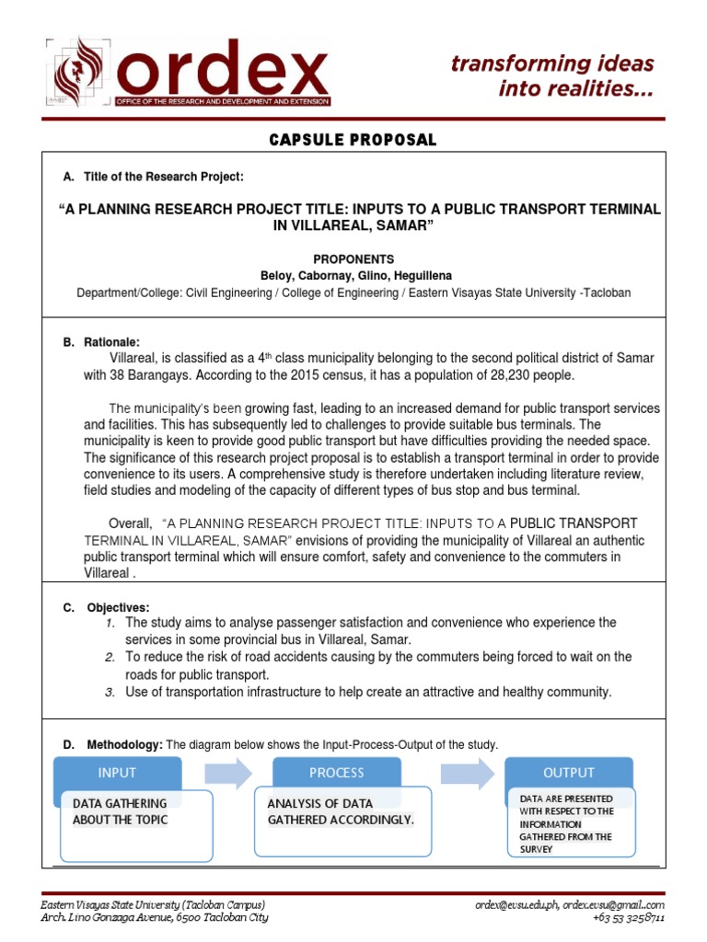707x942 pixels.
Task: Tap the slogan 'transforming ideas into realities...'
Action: pos(552,76)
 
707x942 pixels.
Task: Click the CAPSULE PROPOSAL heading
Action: pos(353,140)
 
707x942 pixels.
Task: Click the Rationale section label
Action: pos(108,342)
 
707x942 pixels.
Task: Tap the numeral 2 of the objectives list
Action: pos(109,657)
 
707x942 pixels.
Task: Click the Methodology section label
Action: pos(124,744)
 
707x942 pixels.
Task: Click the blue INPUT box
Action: pos(117,773)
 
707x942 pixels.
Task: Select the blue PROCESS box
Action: pos(337,773)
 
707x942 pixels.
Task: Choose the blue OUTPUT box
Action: pos(568,773)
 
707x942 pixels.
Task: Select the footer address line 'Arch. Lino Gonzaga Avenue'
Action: pos(155,917)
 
